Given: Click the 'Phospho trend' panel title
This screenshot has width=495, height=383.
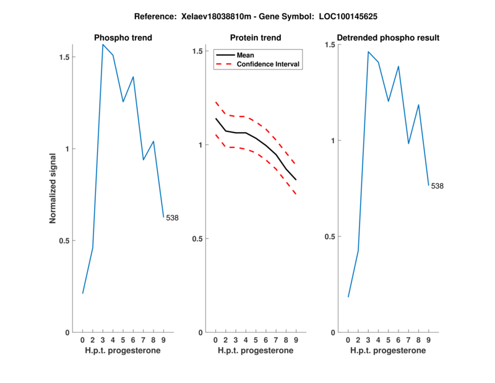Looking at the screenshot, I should coord(123,38).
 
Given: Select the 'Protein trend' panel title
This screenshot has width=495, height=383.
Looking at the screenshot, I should coord(256,38).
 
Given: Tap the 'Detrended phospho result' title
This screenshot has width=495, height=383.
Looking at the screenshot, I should coord(388,38).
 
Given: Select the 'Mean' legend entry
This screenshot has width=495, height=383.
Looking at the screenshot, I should coord(246,55).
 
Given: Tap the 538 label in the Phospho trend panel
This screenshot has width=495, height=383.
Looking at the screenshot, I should coord(173,218).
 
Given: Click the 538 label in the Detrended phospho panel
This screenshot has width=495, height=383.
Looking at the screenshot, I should coord(437,186).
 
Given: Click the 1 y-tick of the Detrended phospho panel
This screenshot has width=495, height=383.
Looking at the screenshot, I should coord(332,141).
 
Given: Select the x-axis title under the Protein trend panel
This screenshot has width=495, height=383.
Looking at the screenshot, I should coord(256,351).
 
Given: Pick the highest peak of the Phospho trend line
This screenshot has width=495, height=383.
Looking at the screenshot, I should coord(103,45).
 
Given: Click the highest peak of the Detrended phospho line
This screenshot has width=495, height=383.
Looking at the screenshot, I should coord(368,52).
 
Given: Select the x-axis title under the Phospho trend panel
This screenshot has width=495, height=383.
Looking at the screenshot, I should coord(123,351).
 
